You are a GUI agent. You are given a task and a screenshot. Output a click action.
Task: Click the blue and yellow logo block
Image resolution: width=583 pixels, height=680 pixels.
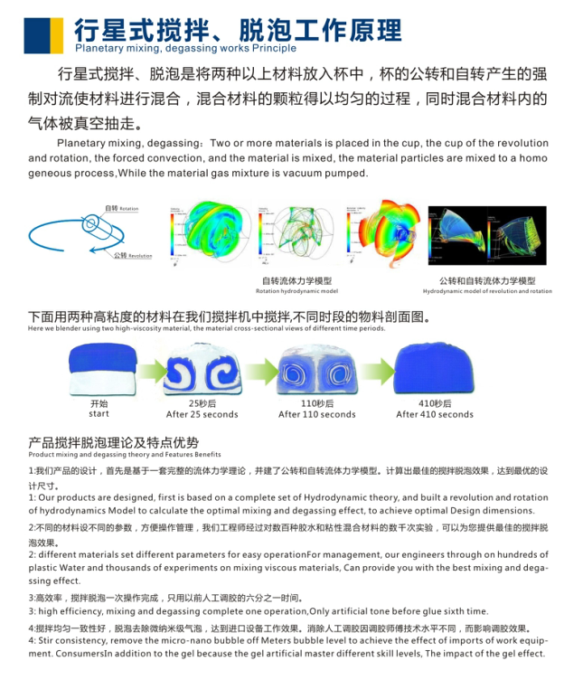pyautogui.click(x=42, y=33)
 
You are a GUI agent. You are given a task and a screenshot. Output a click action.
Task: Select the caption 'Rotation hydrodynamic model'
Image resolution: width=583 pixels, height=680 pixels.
pyautogui.click(x=297, y=291)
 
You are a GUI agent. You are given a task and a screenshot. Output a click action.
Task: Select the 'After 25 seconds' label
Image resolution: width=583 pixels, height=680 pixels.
pyautogui.click(x=202, y=414)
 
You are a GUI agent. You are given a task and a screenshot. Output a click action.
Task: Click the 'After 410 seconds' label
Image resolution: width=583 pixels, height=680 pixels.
pyautogui.click(x=435, y=414)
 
